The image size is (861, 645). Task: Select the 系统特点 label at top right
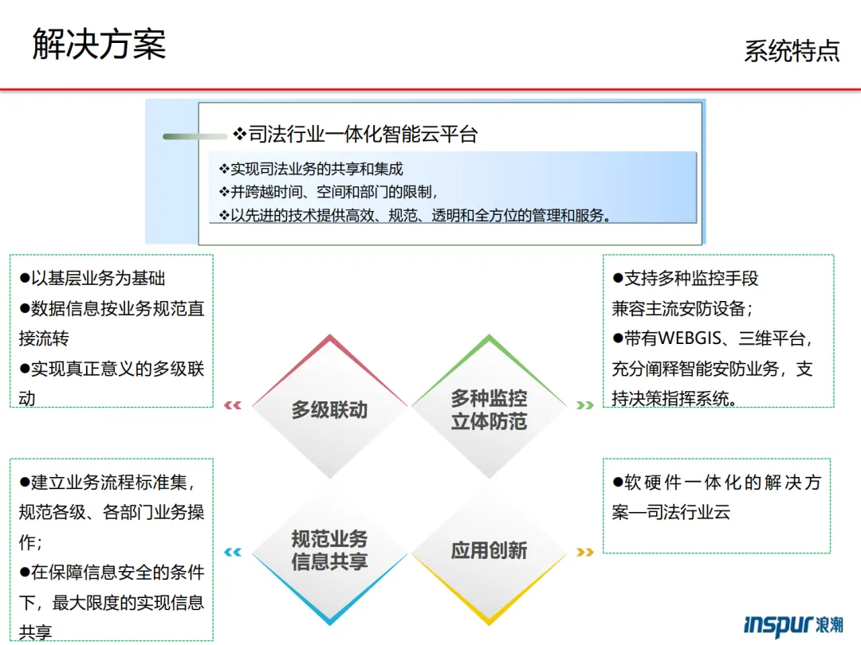(792, 50)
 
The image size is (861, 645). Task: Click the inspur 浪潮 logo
(792, 624)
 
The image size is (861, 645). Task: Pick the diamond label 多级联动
(329, 410)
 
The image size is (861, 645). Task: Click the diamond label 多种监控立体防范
(489, 409)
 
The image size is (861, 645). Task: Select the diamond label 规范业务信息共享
(329, 550)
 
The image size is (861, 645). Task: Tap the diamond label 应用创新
(489, 550)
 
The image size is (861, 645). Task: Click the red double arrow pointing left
(233, 405)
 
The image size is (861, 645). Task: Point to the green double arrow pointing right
(585, 405)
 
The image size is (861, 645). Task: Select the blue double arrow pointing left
(233, 552)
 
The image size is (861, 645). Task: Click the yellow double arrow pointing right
(585, 552)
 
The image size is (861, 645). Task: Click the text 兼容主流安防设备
(678, 308)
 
